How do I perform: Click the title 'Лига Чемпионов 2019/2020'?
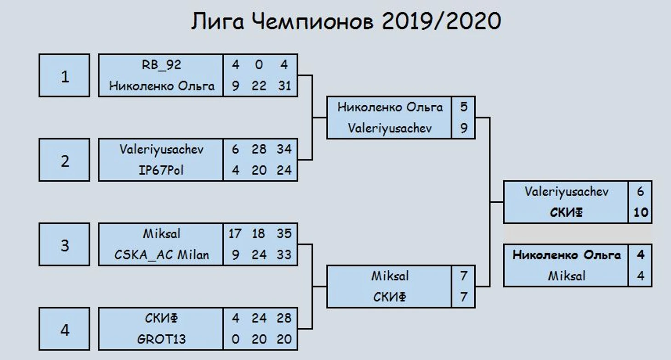click(x=346, y=21)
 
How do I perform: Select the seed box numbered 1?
click(x=64, y=75)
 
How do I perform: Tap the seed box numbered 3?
click(x=64, y=244)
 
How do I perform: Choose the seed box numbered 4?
click(x=64, y=329)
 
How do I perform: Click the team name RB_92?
click(x=161, y=65)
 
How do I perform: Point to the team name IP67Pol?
click(x=161, y=170)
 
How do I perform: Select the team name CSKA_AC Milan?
click(x=162, y=255)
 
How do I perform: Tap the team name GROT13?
click(x=161, y=339)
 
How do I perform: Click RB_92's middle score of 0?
click(x=259, y=65)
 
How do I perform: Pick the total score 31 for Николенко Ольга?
click(x=284, y=86)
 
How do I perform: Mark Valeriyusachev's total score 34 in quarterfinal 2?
click(x=284, y=149)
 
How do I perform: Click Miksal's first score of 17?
click(x=234, y=234)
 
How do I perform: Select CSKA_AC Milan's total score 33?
click(x=284, y=255)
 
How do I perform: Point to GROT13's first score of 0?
click(x=235, y=339)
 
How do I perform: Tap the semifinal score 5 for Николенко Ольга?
click(x=464, y=107)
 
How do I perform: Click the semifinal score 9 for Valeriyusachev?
click(x=464, y=128)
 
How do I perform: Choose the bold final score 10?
click(x=641, y=212)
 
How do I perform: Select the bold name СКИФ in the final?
click(x=566, y=212)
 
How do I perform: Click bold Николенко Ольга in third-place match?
click(x=567, y=255)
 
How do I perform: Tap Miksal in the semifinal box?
click(x=390, y=276)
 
